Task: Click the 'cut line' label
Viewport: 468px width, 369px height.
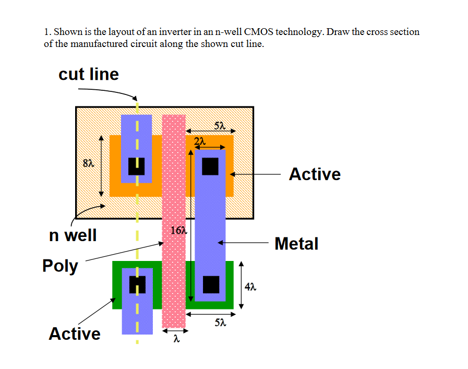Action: (x=89, y=74)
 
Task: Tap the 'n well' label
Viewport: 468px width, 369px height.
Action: (x=73, y=235)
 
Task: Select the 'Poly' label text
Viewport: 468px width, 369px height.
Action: (x=60, y=266)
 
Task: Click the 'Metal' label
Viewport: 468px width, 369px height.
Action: (x=296, y=243)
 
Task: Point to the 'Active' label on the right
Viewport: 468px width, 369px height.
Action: (x=315, y=174)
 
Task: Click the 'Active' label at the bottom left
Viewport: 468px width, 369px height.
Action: (x=75, y=333)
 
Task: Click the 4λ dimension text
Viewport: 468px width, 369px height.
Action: (x=251, y=286)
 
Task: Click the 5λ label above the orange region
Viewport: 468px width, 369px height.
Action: (x=220, y=125)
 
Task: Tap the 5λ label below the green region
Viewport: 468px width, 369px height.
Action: (x=220, y=324)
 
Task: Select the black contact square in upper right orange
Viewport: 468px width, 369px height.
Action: (x=210, y=166)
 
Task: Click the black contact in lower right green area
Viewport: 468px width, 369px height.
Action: (x=211, y=284)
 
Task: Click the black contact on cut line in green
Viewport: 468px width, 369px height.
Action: (x=137, y=284)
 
